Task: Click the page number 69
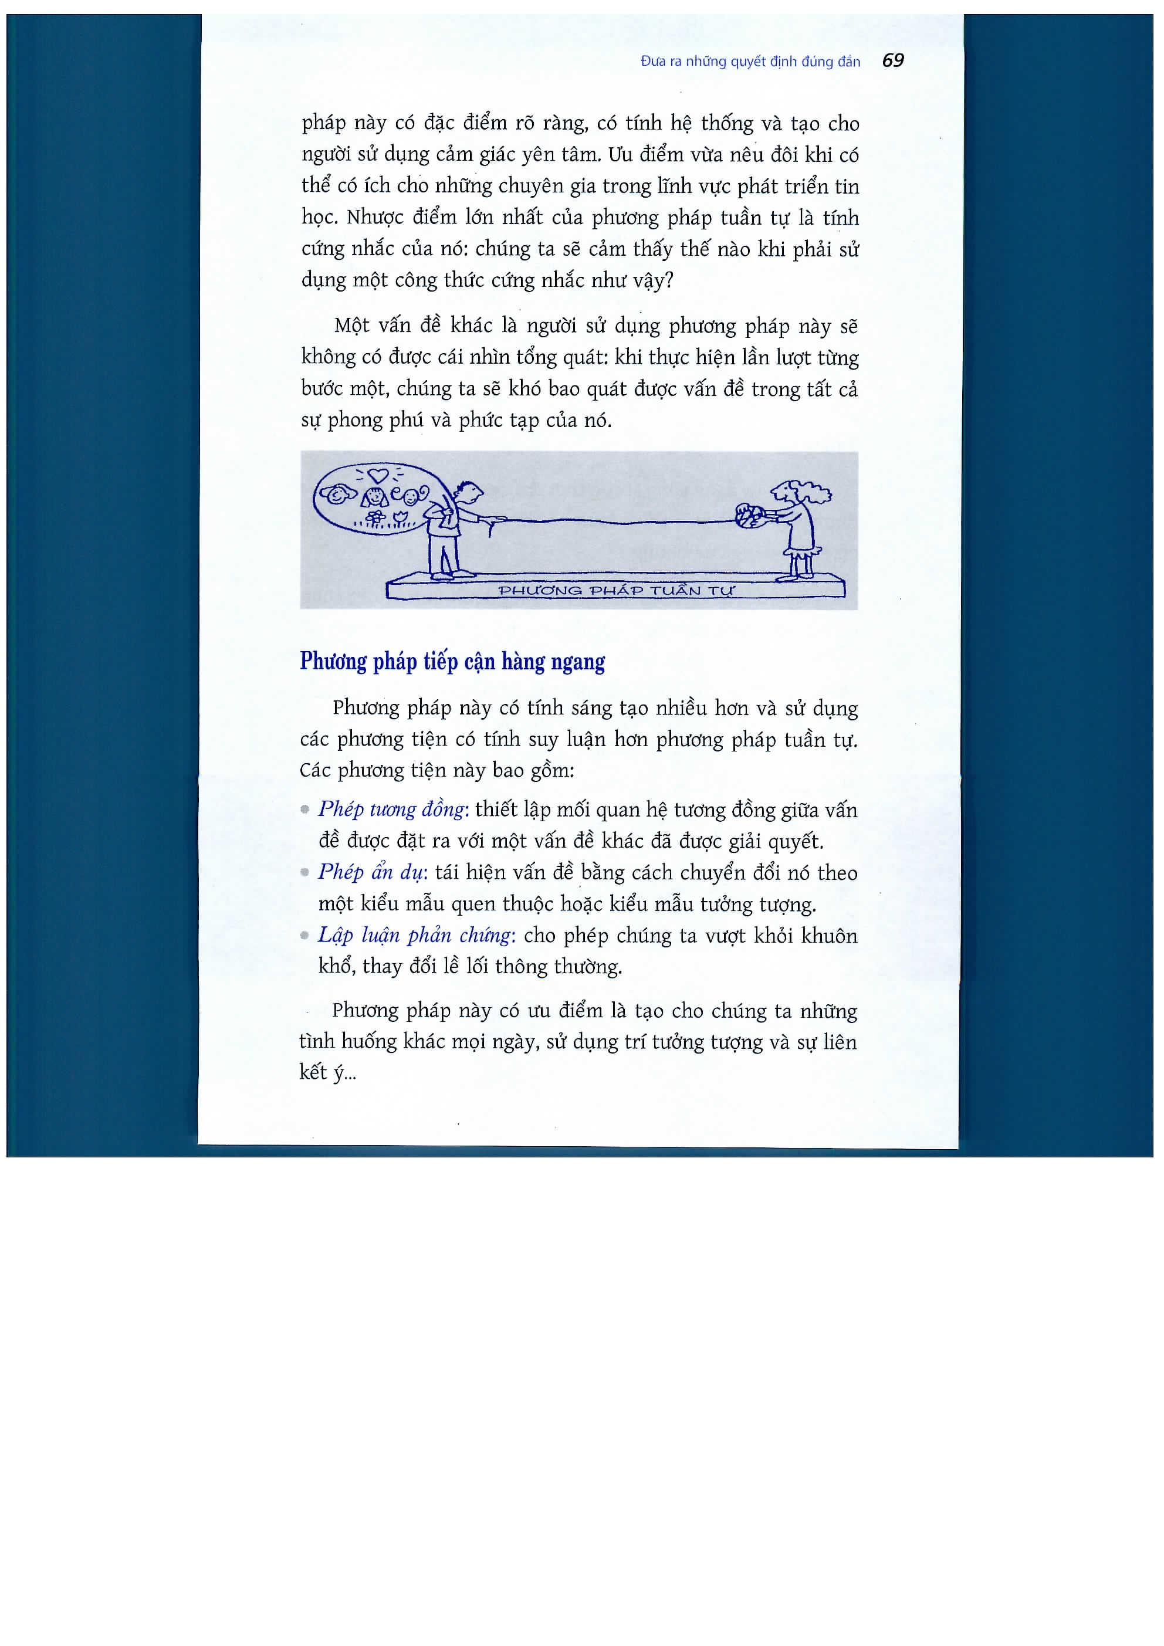pyautogui.click(x=892, y=61)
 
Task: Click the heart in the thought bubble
pyautogui.click(x=377, y=474)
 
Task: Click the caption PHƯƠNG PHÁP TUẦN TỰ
pyautogui.click(x=615, y=591)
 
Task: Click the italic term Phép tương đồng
pyautogui.click(x=393, y=810)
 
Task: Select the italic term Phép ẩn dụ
pyautogui.click(x=372, y=872)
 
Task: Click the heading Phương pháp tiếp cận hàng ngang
pyautogui.click(x=452, y=662)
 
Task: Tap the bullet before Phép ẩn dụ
pyautogui.click(x=306, y=872)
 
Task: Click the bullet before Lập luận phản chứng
pyautogui.click(x=306, y=936)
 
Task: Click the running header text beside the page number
pyautogui.click(x=749, y=62)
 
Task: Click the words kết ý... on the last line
pyautogui.click(x=327, y=1072)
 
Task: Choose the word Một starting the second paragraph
pyautogui.click(x=351, y=326)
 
